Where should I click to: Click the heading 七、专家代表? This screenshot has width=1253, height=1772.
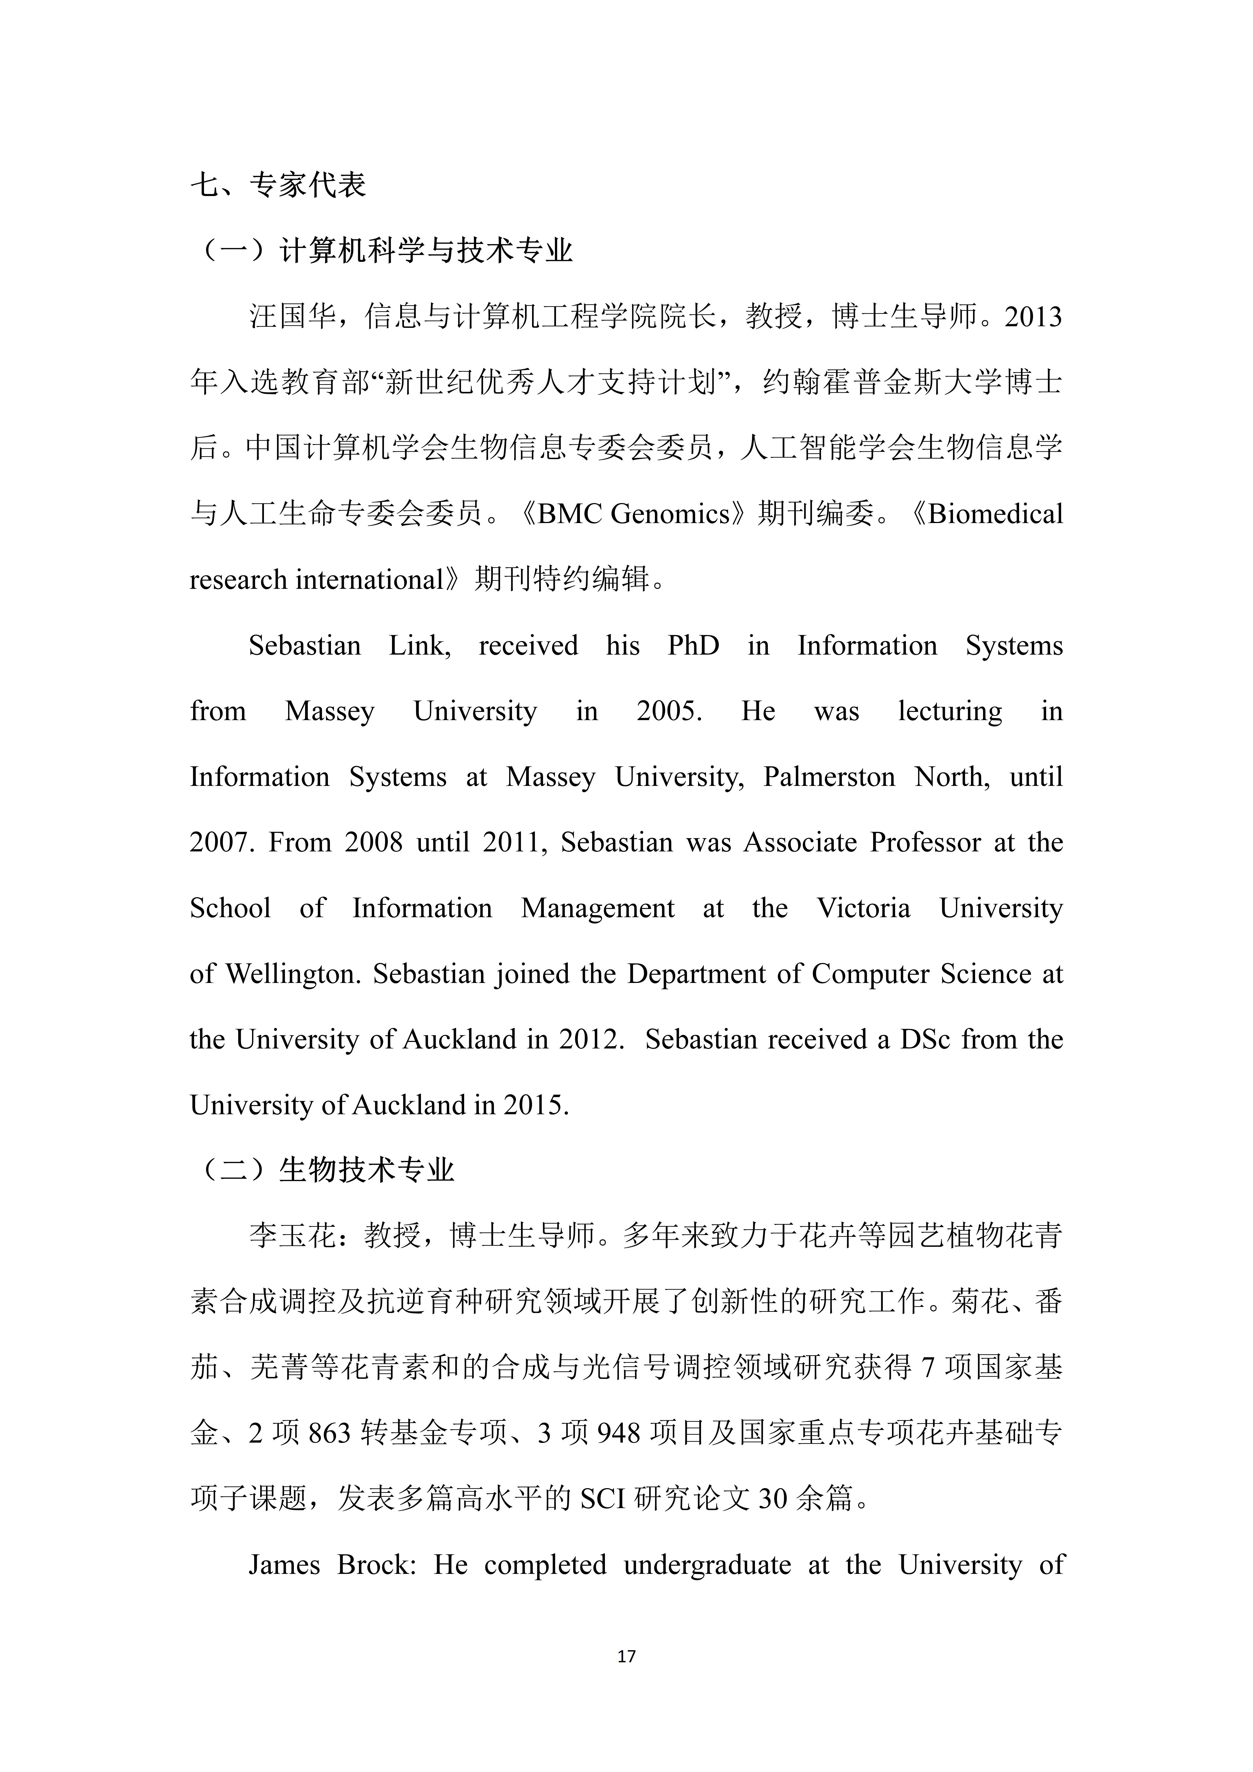(278, 185)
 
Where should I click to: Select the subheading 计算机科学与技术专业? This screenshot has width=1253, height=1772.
(426, 251)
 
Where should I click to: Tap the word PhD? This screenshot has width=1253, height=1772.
(693, 645)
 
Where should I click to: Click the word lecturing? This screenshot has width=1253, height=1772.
(950, 711)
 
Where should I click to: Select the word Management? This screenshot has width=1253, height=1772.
(598, 908)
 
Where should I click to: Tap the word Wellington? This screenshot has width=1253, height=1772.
(293, 974)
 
